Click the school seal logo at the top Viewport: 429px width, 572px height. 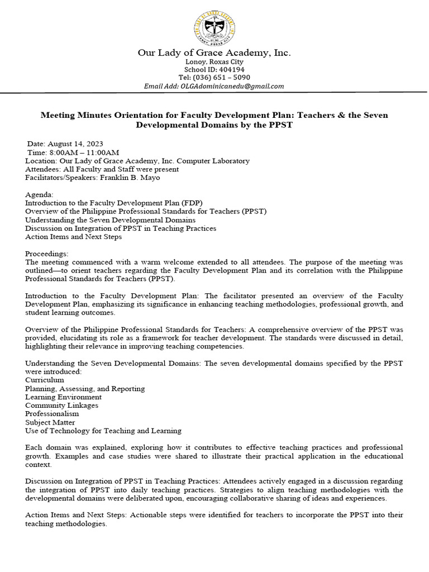(x=214, y=28)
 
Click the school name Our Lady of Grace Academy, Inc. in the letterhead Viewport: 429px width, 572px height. (x=214, y=53)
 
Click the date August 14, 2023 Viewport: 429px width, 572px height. (x=75, y=144)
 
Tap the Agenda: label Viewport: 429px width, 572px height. (x=40, y=194)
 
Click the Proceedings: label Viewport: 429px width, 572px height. (x=47, y=254)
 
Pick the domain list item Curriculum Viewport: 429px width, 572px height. (x=45, y=380)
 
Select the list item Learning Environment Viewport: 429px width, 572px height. (x=63, y=397)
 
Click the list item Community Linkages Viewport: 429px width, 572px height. (x=61, y=405)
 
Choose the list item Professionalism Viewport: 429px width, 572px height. (x=52, y=414)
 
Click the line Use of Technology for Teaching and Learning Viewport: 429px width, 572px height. (x=103, y=431)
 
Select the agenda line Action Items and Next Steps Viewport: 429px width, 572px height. (x=73, y=237)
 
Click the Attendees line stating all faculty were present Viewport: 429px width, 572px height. (x=102, y=169)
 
